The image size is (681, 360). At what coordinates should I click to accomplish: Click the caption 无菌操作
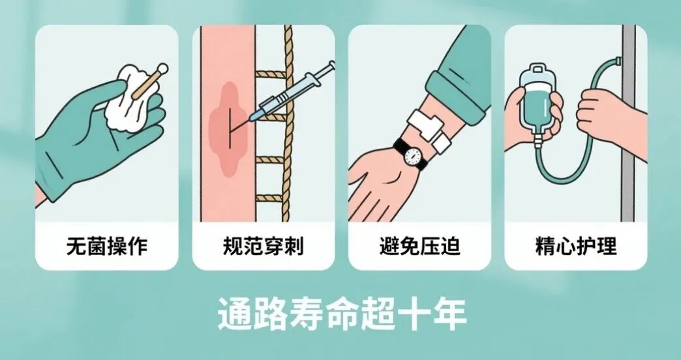tap(106, 247)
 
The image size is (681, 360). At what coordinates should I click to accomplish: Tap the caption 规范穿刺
tap(263, 247)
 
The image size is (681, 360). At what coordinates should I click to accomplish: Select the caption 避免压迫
tap(419, 247)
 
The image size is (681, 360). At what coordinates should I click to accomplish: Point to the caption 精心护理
tap(576, 247)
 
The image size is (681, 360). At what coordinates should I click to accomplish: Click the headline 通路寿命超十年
tap(341, 314)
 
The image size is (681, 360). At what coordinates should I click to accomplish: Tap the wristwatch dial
tap(412, 155)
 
